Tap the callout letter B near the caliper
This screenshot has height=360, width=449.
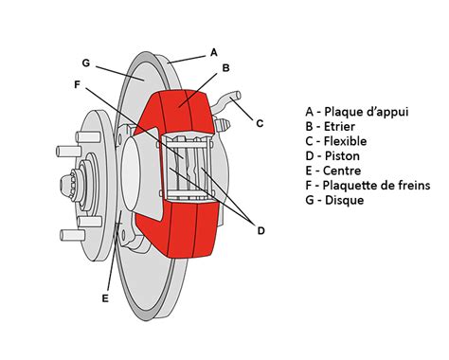click(x=225, y=68)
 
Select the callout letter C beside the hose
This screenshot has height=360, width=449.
click(x=260, y=121)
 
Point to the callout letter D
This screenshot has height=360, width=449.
click(x=260, y=230)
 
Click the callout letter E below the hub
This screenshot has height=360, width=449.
click(x=105, y=298)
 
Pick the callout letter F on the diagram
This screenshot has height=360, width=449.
click(x=77, y=83)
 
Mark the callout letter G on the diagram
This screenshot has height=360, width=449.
click(x=85, y=63)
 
